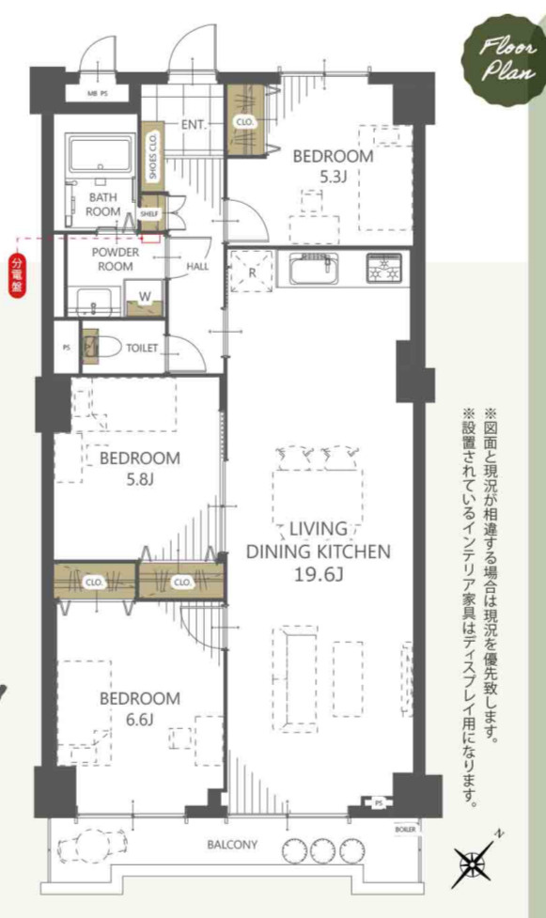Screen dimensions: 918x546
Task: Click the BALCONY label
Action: [x=232, y=845]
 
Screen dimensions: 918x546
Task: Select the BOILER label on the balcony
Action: [x=404, y=832]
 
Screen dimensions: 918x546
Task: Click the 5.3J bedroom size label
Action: [x=333, y=178]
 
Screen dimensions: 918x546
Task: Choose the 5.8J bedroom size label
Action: [x=139, y=480]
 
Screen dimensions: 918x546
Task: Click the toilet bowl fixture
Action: [x=102, y=347]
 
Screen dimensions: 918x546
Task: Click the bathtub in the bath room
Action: [x=99, y=153]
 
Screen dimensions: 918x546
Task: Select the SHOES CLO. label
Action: [x=152, y=157]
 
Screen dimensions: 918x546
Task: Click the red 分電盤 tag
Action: [x=16, y=274]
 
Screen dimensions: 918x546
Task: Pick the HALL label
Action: [x=197, y=266]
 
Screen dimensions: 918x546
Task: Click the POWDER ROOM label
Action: [x=115, y=258]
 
